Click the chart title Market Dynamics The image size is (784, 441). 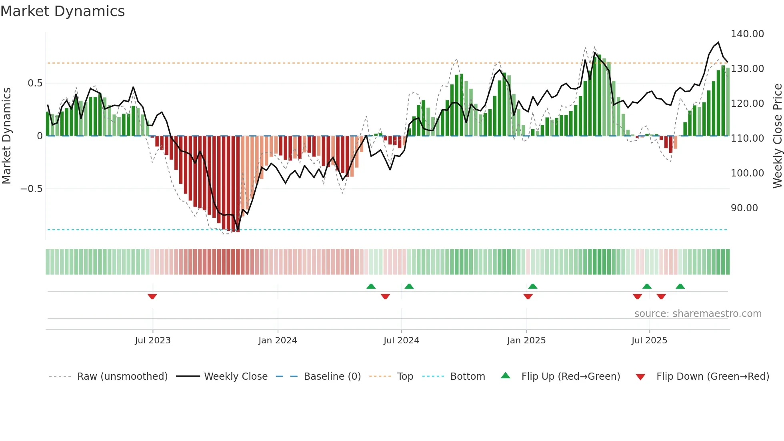[x=63, y=11]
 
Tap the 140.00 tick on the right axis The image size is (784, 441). [x=747, y=34]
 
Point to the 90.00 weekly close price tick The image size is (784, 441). [x=744, y=208]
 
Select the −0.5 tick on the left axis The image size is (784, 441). [x=32, y=189]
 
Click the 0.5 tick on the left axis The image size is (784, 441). [x=35, y=83]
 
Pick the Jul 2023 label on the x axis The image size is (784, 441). [x=152, y=341]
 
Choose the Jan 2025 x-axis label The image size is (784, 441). [x=526, y=341]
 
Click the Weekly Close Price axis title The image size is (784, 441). [x=777, y=136]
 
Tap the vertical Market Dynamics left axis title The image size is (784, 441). [x=7, y=136]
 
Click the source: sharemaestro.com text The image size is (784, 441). [x=698, y=314]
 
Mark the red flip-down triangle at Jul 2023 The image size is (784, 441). [x=152, y=297]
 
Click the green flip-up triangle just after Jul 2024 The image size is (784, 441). [x=409, y=286]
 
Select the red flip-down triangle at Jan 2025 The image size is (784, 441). [x=528, y=297]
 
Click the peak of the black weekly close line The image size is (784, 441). [x=718, y=42]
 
